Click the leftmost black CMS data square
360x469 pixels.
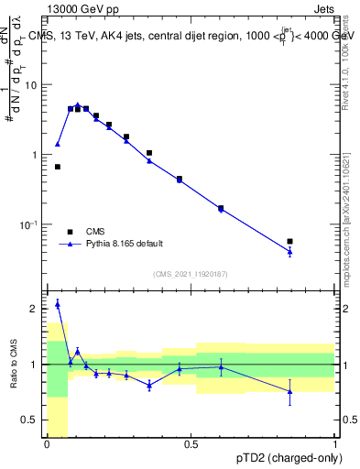[x=58, y=167]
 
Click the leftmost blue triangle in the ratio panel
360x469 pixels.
[x=58, y=304]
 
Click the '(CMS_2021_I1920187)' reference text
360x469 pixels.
[x=190, y=274]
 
